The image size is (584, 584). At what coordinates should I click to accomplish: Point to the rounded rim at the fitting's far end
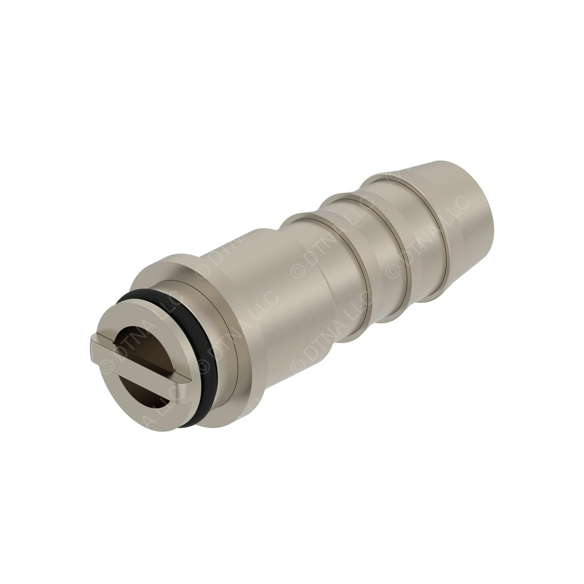[489, 205]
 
